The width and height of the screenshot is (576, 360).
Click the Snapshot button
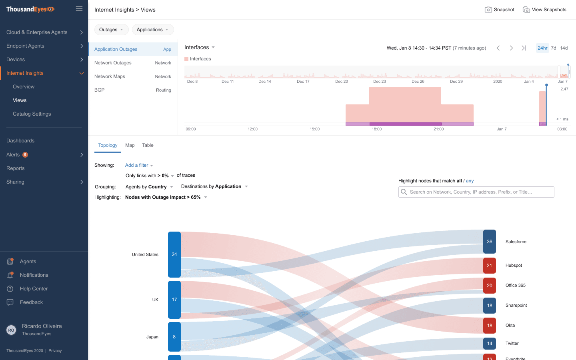pos(500,10)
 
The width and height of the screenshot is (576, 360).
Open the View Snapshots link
pos(544,10)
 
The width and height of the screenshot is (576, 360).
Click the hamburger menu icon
pos(79,9)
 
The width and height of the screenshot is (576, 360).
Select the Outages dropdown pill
pos(111,30)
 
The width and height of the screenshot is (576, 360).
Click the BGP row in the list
pos(132,90)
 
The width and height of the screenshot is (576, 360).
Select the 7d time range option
pos(554,48)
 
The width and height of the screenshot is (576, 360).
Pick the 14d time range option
pos(564,48)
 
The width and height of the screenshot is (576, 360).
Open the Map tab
pos(130,145)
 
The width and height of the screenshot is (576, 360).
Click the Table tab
pos(148,145)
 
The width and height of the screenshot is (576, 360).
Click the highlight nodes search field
pos(476,192)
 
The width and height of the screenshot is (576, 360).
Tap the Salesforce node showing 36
pos(489,242)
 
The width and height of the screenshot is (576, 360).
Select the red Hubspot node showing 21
pos(489,266)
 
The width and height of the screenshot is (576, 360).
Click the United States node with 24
pos(174,254)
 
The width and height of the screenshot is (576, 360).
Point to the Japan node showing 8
pos(174,337)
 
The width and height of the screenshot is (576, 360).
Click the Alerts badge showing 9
pos(25,155)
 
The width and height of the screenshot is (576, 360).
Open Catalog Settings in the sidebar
pos(32,114)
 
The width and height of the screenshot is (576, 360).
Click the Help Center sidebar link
pos(34,289)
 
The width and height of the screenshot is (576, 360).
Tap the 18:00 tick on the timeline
pos(376,129)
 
